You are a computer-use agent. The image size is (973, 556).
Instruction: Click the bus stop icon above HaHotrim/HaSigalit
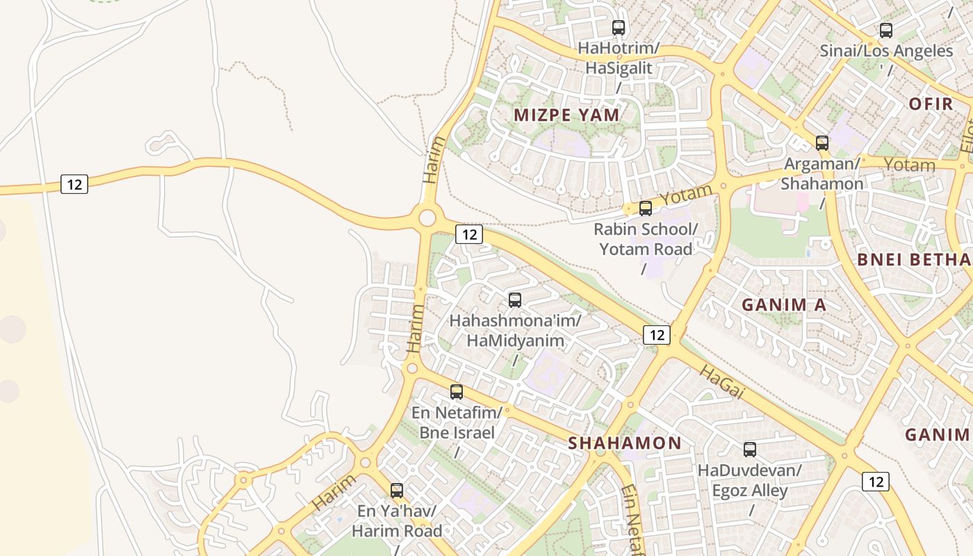pyautogui.click(x=618, y=28)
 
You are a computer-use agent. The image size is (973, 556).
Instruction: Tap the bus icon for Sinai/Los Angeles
pyautogui.click(x=885, y=31)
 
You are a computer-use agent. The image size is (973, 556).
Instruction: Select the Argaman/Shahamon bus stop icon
pyautogui.click(x=821, y=143)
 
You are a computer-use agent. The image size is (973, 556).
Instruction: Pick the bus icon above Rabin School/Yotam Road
pyautogui.click(x=645, y=208)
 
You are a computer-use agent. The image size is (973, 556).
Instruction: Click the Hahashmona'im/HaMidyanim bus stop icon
pyautogui.click(x=514, y=300)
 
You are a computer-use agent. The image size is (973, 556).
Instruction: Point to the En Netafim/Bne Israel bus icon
pyautogui.click(x=456, y=392)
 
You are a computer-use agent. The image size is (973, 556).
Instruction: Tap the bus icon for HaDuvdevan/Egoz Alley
pyautogui.click(x=749, y=450)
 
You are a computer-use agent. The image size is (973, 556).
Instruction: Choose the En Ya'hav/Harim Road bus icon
pyautogui.click(x=396, y=491)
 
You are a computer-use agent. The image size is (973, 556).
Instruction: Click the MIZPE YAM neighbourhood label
pyautogui.click(x=566, y=115)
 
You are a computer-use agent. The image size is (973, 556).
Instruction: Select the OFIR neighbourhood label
pyautogui.click(x=931, y=104)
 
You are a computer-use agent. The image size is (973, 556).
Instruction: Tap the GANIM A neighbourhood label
pyautogui.click(x=783, y=304)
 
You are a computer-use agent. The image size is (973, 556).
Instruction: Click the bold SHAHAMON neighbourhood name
pyautogui.click(x=624, y=443)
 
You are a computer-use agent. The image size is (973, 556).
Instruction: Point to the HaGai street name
pyautogui.click(x=721, y=382)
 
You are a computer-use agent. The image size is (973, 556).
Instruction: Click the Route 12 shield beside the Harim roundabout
pyautogui.click(x=469, y=234)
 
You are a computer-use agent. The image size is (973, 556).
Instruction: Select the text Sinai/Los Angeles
pyautogui.click(x=886, y=51)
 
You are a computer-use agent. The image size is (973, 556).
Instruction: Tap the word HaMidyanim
pyautogui.click(x=515, y=341)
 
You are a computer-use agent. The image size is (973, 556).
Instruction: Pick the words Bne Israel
pyautogui.click(x=457, y=432)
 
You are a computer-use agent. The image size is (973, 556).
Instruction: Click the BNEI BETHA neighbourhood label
pyautogui.click(x=914, y=260)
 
